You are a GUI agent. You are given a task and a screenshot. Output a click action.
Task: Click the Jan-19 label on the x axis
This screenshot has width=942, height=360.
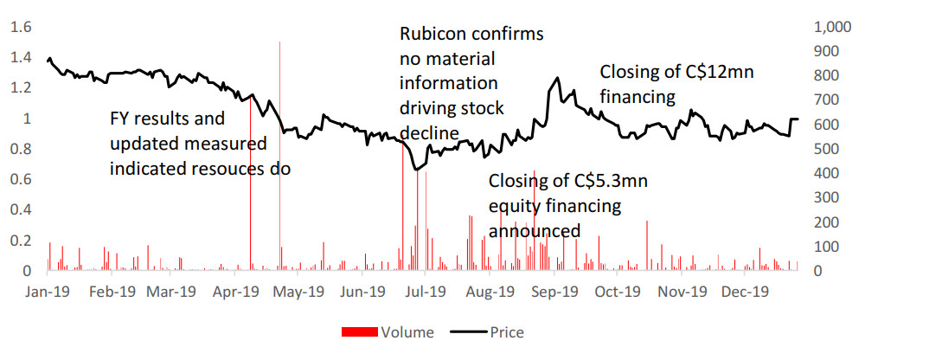pyautogui.click(x=48, y=292)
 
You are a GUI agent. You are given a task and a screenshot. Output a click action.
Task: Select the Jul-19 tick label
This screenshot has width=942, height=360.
pyautogui.click(x=425, y=292)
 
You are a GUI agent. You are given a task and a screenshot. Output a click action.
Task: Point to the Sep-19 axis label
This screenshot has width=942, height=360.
pyautogui.click(x=554, y=292)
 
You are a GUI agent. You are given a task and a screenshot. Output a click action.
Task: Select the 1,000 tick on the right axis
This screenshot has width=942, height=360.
pyautogui.click(x=835, y=27)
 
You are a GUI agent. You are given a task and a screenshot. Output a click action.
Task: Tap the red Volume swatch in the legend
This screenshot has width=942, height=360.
pyautogui.click(x=361, y=332)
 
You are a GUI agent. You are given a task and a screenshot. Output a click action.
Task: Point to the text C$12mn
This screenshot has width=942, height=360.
pyautogui.click(x=720, y=73)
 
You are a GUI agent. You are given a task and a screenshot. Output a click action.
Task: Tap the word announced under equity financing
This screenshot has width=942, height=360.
pyautogui.click(x=535, y=231)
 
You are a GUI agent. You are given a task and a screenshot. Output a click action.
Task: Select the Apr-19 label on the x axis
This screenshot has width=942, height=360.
pyautogui.click(x=235, y=292)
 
